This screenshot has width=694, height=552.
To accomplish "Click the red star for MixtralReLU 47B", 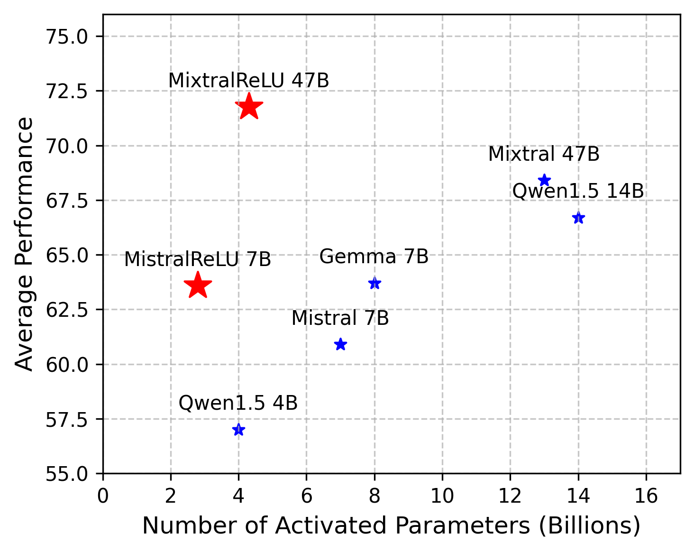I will pos(249,107).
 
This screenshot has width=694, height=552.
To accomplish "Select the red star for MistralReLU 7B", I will pos(198,285).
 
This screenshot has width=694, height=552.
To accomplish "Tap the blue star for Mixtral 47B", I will pos(544,180).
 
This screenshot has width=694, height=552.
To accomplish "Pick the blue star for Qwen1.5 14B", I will pos(578,218).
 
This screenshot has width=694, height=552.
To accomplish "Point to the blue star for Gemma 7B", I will pos(374,283).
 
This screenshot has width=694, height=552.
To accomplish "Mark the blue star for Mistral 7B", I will pos(340,344).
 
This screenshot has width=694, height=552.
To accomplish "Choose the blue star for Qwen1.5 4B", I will pos(238,430).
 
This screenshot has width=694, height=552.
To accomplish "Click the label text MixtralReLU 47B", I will pos(248,81).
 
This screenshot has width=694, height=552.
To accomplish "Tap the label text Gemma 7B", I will pos(374,257).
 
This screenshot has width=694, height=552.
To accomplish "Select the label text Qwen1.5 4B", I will pos(238,403).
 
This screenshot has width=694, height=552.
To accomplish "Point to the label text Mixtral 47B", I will pos(544,154).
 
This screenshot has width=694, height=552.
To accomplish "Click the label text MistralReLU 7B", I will pos(198,259).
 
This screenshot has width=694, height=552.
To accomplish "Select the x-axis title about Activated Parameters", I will pos(391,526).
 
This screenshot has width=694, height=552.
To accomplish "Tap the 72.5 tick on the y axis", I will pos(67,91).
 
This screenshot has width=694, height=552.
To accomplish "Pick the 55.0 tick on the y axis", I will pos(67,474).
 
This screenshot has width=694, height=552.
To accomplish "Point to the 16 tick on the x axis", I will pos(646,496).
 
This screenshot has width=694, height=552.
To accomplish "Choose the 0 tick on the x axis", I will pos(103,496).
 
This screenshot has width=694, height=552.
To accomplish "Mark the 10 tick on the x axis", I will pos(442,496).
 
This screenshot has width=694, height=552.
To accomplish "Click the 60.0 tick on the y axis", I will pos(67,364).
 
